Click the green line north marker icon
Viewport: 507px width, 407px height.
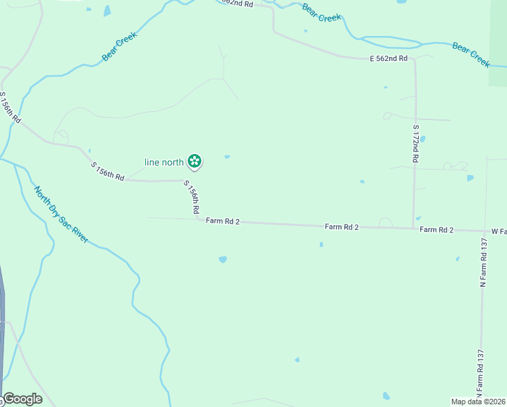[x=195, y=161]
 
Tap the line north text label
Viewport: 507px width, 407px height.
[x=164, y=162]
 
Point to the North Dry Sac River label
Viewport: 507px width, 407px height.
[x=61, y=215]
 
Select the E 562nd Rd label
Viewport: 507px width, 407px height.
[x=388, y=59]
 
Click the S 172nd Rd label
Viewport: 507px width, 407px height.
[x=415, y=142]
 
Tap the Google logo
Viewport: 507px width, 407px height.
[x=22, y=399]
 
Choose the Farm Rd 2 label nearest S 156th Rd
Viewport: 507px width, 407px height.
[x=223, y=221]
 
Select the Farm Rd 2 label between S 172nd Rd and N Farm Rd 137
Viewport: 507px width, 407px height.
[x=436, y=230]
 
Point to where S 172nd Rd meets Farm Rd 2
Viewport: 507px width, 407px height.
[x=413, y=228]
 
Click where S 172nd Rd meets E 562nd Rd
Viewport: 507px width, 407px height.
[x=414, y=60]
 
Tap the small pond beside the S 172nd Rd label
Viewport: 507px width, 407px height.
[x=422, y=139]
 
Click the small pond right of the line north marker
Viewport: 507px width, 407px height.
[x=227, y=157]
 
